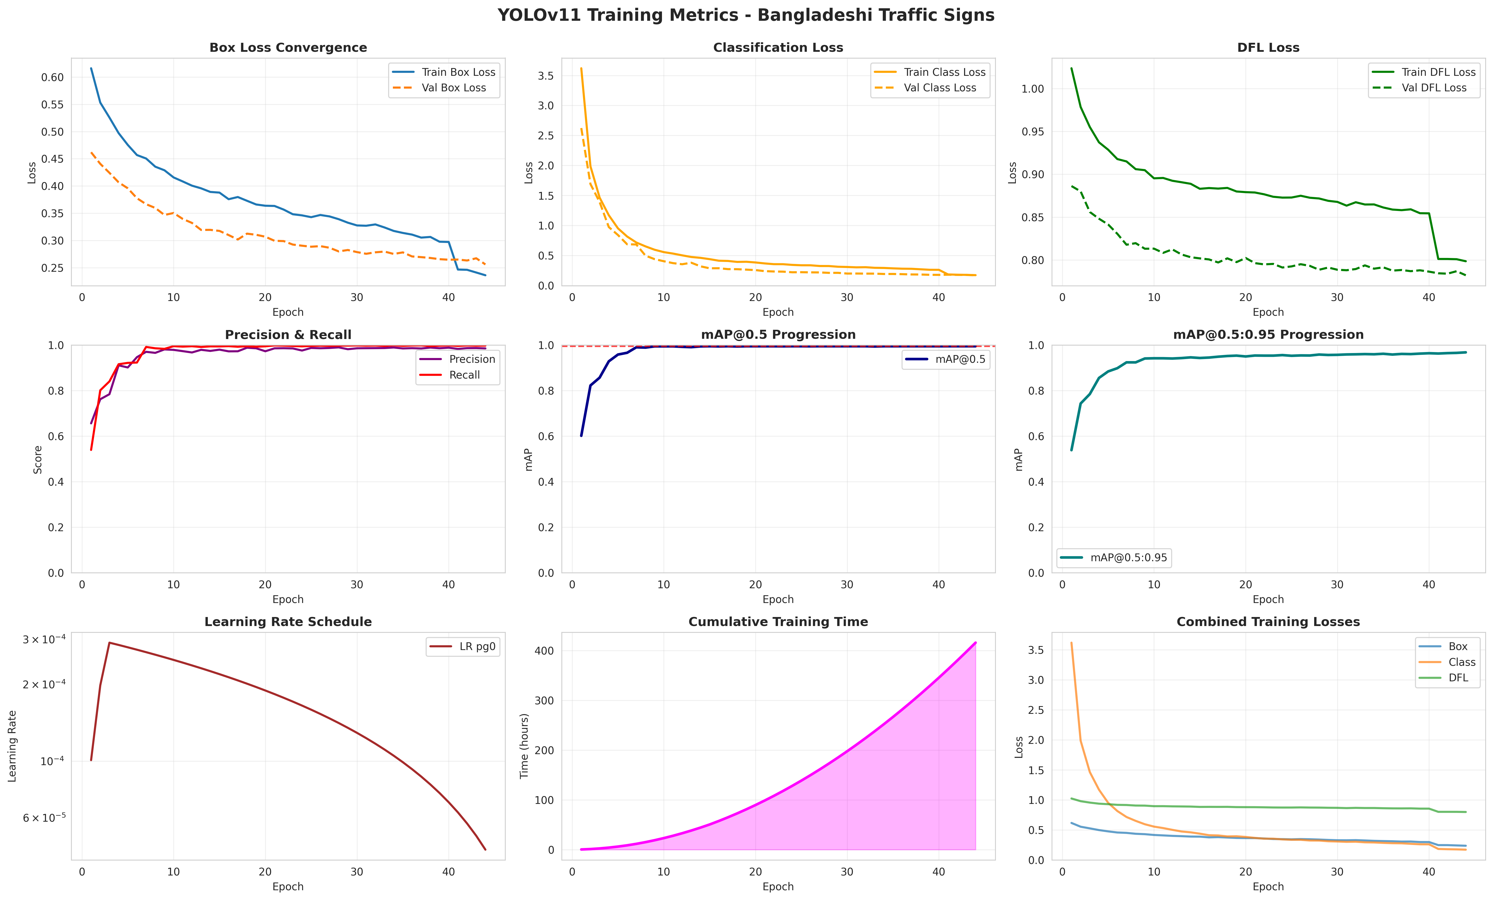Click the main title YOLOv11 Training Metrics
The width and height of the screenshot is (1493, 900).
[x=746, y=15]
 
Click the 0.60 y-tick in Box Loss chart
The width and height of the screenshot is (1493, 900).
[x=52, y=77]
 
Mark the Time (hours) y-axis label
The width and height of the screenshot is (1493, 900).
[x=525, y=745]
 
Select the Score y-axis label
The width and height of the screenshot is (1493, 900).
[x=38, y=459]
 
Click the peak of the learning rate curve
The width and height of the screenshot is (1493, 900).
[x=109, y=643]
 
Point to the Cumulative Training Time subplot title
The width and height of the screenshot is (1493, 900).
[x=778, y=622]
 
